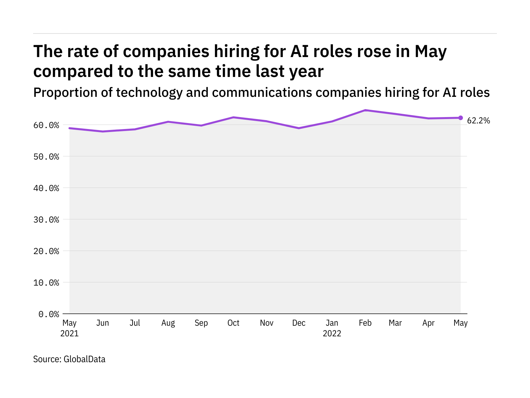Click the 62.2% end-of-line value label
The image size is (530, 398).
tap(478, 121)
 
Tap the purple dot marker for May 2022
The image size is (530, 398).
tap(460, 118)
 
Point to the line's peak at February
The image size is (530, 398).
tap(365, 110)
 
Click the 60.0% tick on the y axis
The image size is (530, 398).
tap(46, 125)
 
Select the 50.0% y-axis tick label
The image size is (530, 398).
tap(46, 157)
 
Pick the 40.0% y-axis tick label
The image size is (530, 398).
tap(46, 188)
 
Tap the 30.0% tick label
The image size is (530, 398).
tap(46, 220)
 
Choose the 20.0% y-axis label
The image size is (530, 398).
tap(46, 251)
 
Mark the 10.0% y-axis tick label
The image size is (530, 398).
tap(46, 283)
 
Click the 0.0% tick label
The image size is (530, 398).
tap(49, 314)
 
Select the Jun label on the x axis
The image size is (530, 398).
tap(102, 323)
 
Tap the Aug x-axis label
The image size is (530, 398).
tap(168, 323)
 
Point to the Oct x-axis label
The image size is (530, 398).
tap(233, 323)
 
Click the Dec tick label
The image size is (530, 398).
tap(299, 323)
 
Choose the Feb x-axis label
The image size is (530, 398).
tap(365, 323)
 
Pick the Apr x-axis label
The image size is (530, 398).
tap(428, 323)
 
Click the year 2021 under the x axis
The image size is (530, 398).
tap(70, 333)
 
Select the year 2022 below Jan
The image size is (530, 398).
tap(332, 333)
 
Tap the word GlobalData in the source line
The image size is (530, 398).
tap(84, 359)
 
